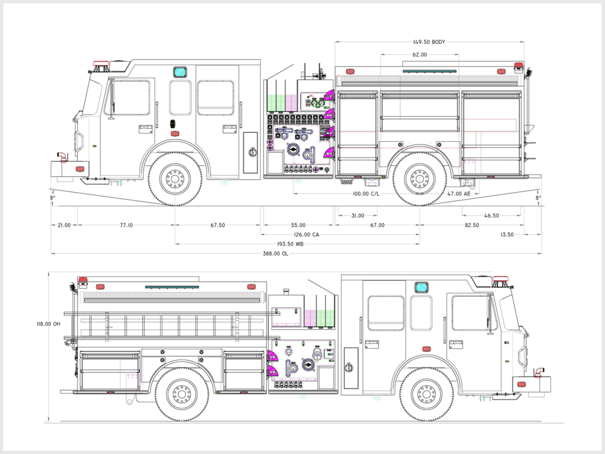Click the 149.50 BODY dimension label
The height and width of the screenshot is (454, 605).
point(430,42)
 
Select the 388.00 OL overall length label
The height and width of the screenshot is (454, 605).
point(275,254)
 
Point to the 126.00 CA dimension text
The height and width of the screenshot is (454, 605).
point(307,235)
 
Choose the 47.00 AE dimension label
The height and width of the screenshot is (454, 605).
point(459,194)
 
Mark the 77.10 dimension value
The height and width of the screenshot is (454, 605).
point(126,225)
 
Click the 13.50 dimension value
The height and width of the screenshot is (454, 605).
point(507,235)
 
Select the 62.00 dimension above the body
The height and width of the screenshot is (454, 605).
point(419,54)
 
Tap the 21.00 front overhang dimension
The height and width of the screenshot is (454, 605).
point(64,225)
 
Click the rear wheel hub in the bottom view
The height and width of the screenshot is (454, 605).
point(181,394)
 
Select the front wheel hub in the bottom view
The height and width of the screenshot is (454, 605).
point(427,394)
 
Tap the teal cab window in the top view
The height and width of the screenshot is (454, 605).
point(180,72)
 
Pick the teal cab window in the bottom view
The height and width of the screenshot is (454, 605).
point(421,287)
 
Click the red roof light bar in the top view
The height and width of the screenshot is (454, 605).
point(100,63)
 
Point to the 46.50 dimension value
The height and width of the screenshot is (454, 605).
point(491,216)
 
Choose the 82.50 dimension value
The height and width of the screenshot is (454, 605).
point(471,225)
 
